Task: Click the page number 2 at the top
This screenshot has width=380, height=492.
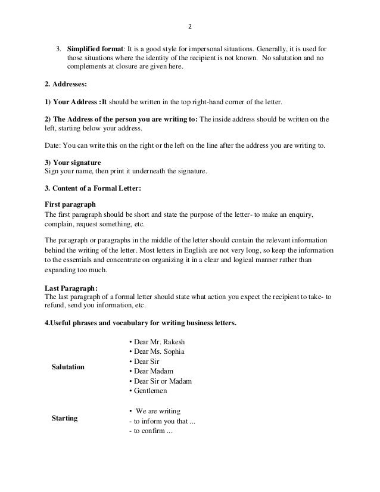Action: click(x=190, y=27)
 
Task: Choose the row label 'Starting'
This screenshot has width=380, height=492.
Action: click(x=65, y=418)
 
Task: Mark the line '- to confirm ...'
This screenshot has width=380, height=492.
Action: click(x=150, y=431)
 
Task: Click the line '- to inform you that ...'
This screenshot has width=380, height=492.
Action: click(x=161, y=421)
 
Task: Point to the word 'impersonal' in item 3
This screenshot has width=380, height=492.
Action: click(x=237, y=47)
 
